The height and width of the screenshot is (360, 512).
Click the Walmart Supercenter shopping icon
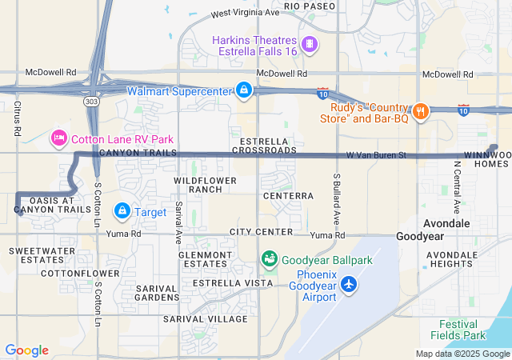tap(243, 90)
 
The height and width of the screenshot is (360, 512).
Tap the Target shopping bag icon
tap(122, 211)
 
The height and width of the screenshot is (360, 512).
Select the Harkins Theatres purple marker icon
tap(310, 42)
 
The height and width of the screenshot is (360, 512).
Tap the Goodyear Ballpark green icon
tap(270, 259)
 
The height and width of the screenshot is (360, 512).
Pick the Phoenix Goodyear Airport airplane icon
tap(348, 283)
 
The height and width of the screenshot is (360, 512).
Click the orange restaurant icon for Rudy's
tap(419, 110)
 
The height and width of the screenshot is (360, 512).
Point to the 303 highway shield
tap(94, 102)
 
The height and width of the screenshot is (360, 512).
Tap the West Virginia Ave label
tap(245, 14)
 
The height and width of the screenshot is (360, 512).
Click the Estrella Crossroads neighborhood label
tap(263, 145)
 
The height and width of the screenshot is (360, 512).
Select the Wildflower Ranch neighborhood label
tap(206, 185)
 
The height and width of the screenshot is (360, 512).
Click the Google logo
tap(26, 350)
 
